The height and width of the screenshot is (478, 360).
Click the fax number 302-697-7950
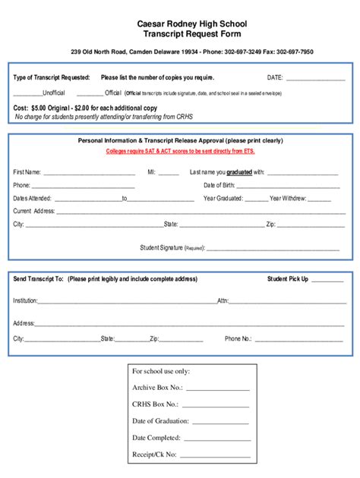coord(295,52)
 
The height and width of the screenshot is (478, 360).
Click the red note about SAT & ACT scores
coord(180,151)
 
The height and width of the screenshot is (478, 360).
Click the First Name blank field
coord(89,173)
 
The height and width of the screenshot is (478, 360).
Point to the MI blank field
coord(169,173)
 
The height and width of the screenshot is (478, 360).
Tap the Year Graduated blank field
coord(257,199)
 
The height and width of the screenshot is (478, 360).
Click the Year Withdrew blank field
coord(320,199)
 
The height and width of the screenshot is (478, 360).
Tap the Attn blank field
coord(289,301)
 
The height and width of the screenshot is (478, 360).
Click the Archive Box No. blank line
coord(217,388)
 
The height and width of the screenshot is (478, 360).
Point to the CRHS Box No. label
coord(155,404)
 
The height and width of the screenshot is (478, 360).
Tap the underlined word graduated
coord(239,172)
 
